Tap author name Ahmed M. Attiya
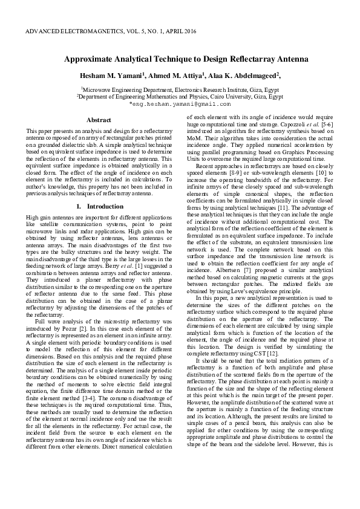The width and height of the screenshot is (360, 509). click(x=172, y=76)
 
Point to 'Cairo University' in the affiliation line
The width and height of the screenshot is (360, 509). click(x=217, y=96)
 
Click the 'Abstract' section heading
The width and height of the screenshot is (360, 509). click(x=99, y=120)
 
